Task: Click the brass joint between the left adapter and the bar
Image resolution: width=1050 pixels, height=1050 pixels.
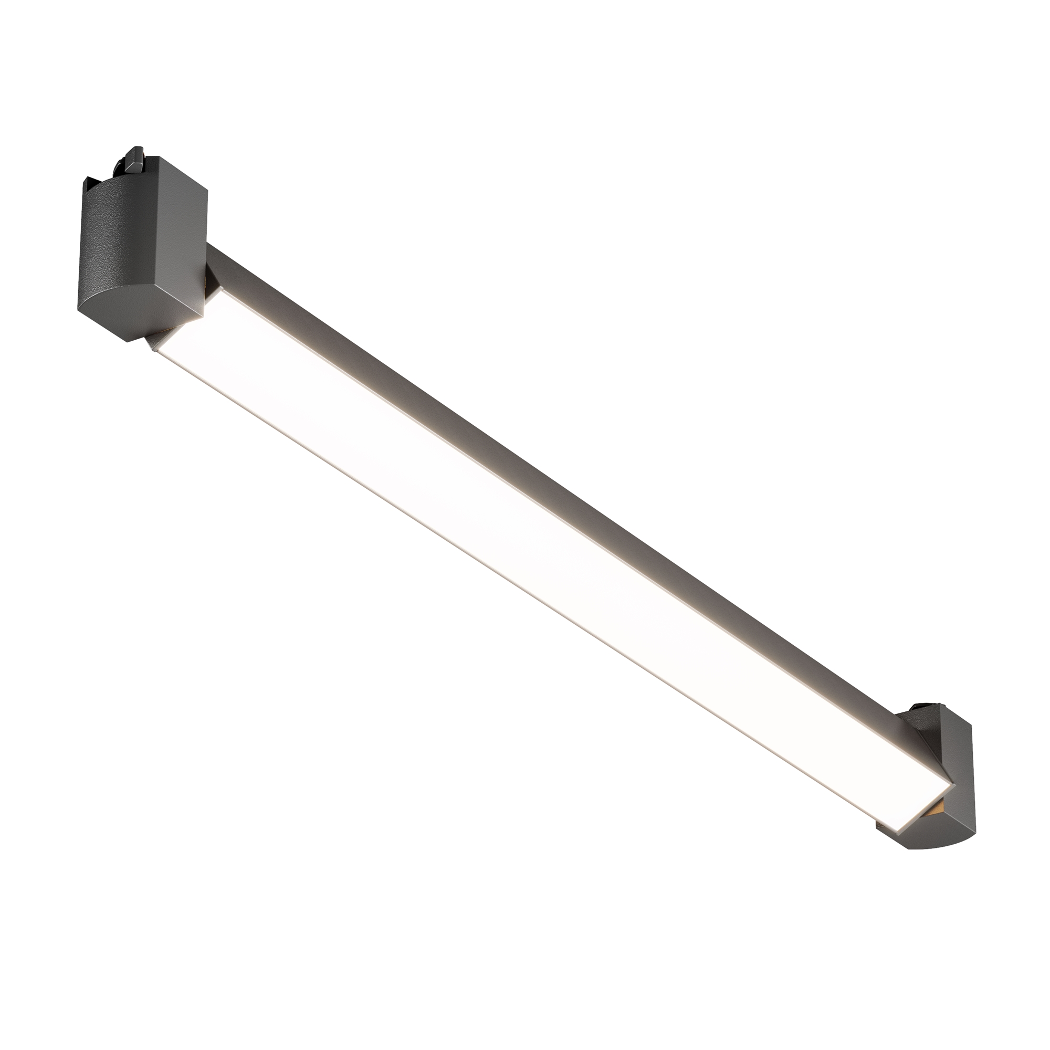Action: [x=206, y=282]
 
